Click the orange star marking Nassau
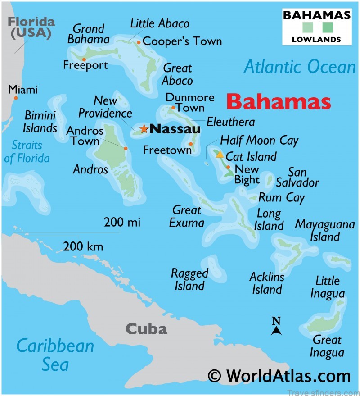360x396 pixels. coord(144,129)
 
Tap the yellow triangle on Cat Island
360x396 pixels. coord(220,155)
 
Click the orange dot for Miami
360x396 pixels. coord(16,98)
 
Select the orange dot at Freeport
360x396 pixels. coord(84,59)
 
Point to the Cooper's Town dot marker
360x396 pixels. coord(139,42)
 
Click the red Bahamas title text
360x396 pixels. coord(279,102)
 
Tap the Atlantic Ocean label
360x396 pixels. coord(300,67)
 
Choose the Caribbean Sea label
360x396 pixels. coord(55,355)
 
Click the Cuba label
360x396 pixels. coord(146,329)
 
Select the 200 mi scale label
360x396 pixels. coord(122,222)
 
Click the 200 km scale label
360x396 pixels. coord(83,246)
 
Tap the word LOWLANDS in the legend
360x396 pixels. coord(316,39)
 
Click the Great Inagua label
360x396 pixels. coord(327,346)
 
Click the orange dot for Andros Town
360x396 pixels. coord(126,148)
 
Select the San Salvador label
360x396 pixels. coord(297,177)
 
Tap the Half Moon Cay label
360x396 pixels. coord(259,141)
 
